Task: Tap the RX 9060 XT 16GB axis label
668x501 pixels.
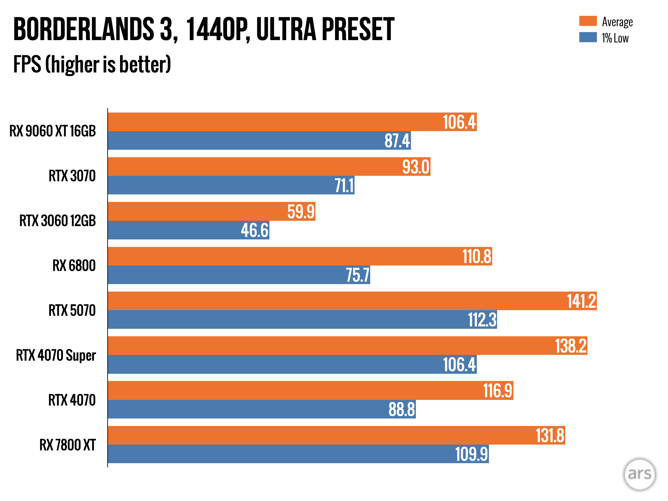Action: (53, 131)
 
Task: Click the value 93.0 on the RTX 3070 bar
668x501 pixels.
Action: (416, 167)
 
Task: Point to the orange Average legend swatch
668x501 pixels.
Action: (588, 21)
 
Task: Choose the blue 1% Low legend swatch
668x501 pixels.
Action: (588, 37)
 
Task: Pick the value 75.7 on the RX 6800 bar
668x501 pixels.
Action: (358, 275)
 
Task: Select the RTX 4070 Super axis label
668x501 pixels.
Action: (56, 355)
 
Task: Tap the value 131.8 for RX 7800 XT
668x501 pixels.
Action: (550, 435)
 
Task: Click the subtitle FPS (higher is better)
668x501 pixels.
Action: (92, 64)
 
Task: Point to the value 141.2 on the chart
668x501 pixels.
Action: (582, 301)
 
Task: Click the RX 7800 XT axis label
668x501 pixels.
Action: (68, 445)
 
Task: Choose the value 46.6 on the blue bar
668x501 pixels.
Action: (255, 230)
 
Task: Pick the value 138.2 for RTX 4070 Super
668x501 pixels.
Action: (571, 346)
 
